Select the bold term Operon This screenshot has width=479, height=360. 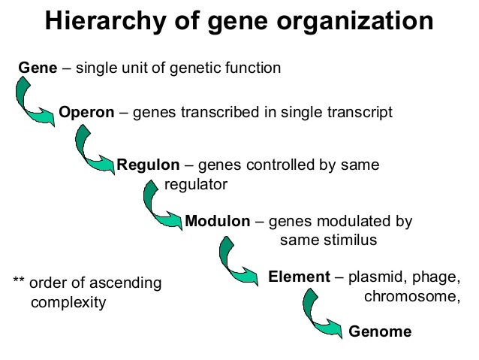coord(86,113)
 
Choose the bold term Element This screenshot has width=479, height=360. coord(299,277)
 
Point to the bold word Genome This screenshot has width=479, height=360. coord(381,331)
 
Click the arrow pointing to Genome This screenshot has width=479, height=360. coord(321,314)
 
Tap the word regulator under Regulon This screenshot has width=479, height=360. coord(195,184)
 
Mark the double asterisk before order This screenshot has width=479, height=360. coord(20,284)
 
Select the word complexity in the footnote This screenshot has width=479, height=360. coord(68,303)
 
